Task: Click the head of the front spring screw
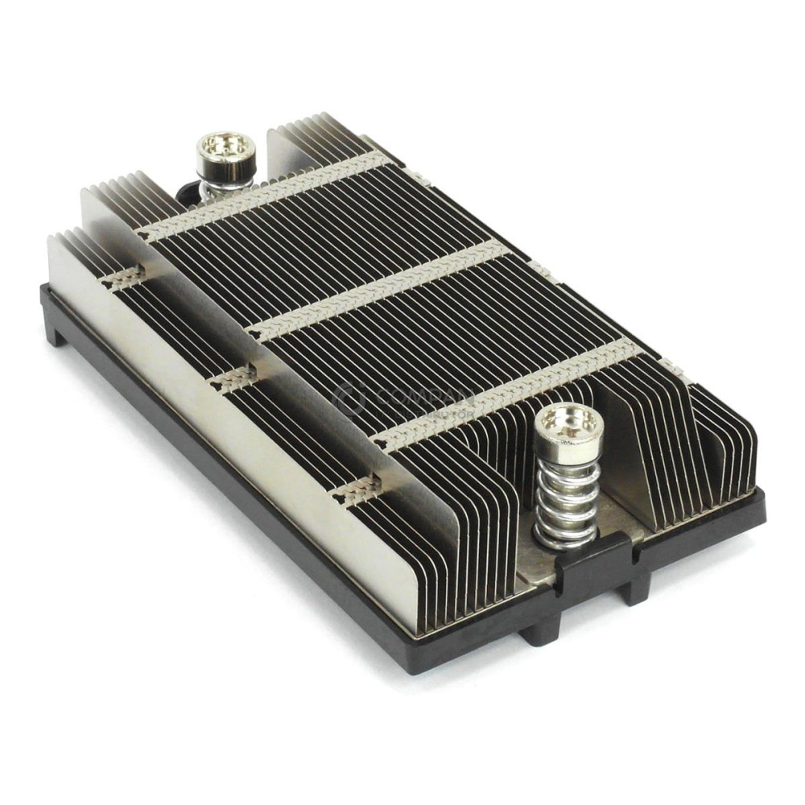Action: click(568, 423)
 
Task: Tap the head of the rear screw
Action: click(226, 150)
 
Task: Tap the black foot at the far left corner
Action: click(54, 329)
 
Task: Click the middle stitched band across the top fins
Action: click(378, 290)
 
